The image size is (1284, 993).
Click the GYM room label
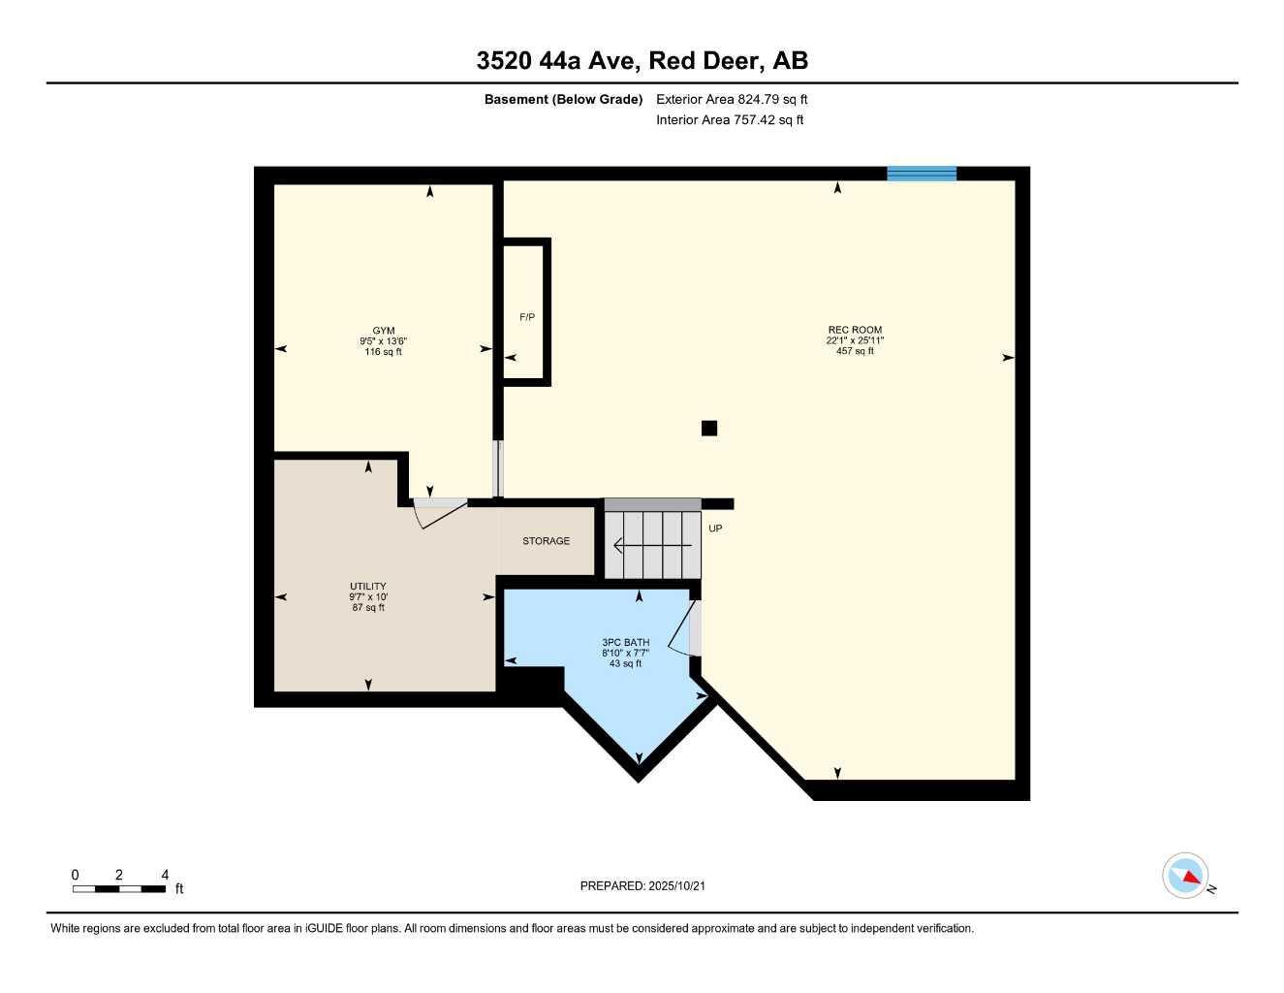pyautogui.click(x=384, y=331)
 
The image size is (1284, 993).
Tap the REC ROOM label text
pyautogui.click(x=855, y=331)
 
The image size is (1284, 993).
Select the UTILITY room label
pyautogui.click(x=368, y=587)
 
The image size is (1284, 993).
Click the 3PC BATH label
pyautogui.click(x=625, y=643)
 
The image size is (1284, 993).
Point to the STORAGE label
pyautogui.click(x=547, y=541)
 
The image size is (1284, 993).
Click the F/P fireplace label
pyautogui.click(x=527, y=317)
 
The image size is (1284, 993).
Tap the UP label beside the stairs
pyautogui.click(x=715, y=529)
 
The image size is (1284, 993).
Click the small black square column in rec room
pyautogui.click(x=709, y=428)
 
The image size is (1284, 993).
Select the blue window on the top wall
pyautogui.click(x=922, y=174)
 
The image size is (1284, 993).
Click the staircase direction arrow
pyautogui.click(x=652, y=546)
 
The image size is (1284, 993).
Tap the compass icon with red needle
pyautogui.click(x=1186, y=877)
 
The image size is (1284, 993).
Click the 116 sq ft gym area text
pyautogui.click(x=384, y=352)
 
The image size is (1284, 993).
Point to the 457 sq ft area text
pyautogui.click(x=855, y=351)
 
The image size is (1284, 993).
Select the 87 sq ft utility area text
pyautogui.click(x=368, y=608)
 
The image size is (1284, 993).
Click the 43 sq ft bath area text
pyautogui.click(x=625, y=664)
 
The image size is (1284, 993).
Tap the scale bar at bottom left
pyautogui.click(x=119, y=888)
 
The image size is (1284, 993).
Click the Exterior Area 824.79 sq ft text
pyautogui.click(x=732, y=99)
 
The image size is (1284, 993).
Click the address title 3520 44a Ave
pyautogui.click(x=642, y=61)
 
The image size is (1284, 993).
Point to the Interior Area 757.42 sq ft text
pyautogui.click(x=730, y=120)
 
